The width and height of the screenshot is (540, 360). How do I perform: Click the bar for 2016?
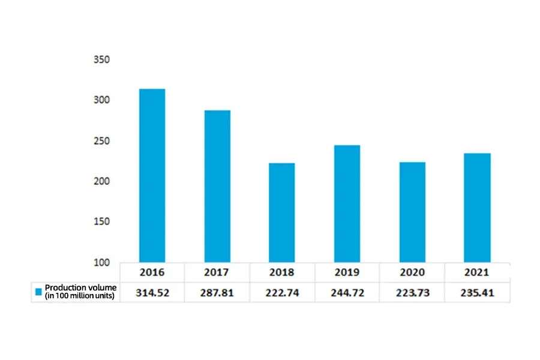152,175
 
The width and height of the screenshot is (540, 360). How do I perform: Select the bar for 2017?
217,186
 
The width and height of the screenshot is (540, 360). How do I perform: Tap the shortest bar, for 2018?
282,212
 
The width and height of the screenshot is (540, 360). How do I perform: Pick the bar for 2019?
347,203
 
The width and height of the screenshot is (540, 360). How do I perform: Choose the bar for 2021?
477,208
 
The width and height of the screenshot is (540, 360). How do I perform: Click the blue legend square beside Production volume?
38,292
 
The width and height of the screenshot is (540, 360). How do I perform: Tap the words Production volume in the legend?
80,288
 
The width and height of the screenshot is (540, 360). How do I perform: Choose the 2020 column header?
412,272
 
